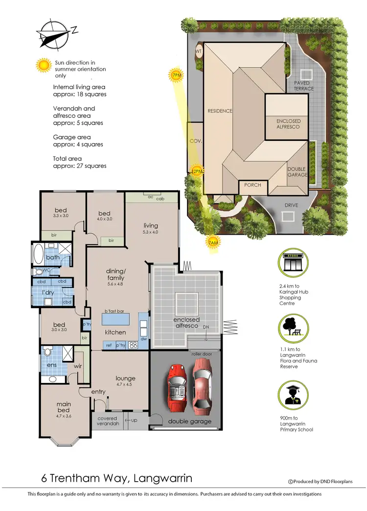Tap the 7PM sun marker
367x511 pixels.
click(x=177, y=75)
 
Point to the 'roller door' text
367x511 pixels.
click(x=201, y=353)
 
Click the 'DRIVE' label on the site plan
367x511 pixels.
click(x=291, y=205)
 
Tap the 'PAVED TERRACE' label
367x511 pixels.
click(x=304, y=86)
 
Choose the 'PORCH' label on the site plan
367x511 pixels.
click(x=252, y=185)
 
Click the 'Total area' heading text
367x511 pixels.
click(x=68, y=158)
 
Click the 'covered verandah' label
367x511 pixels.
click(x=107, y=421)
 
